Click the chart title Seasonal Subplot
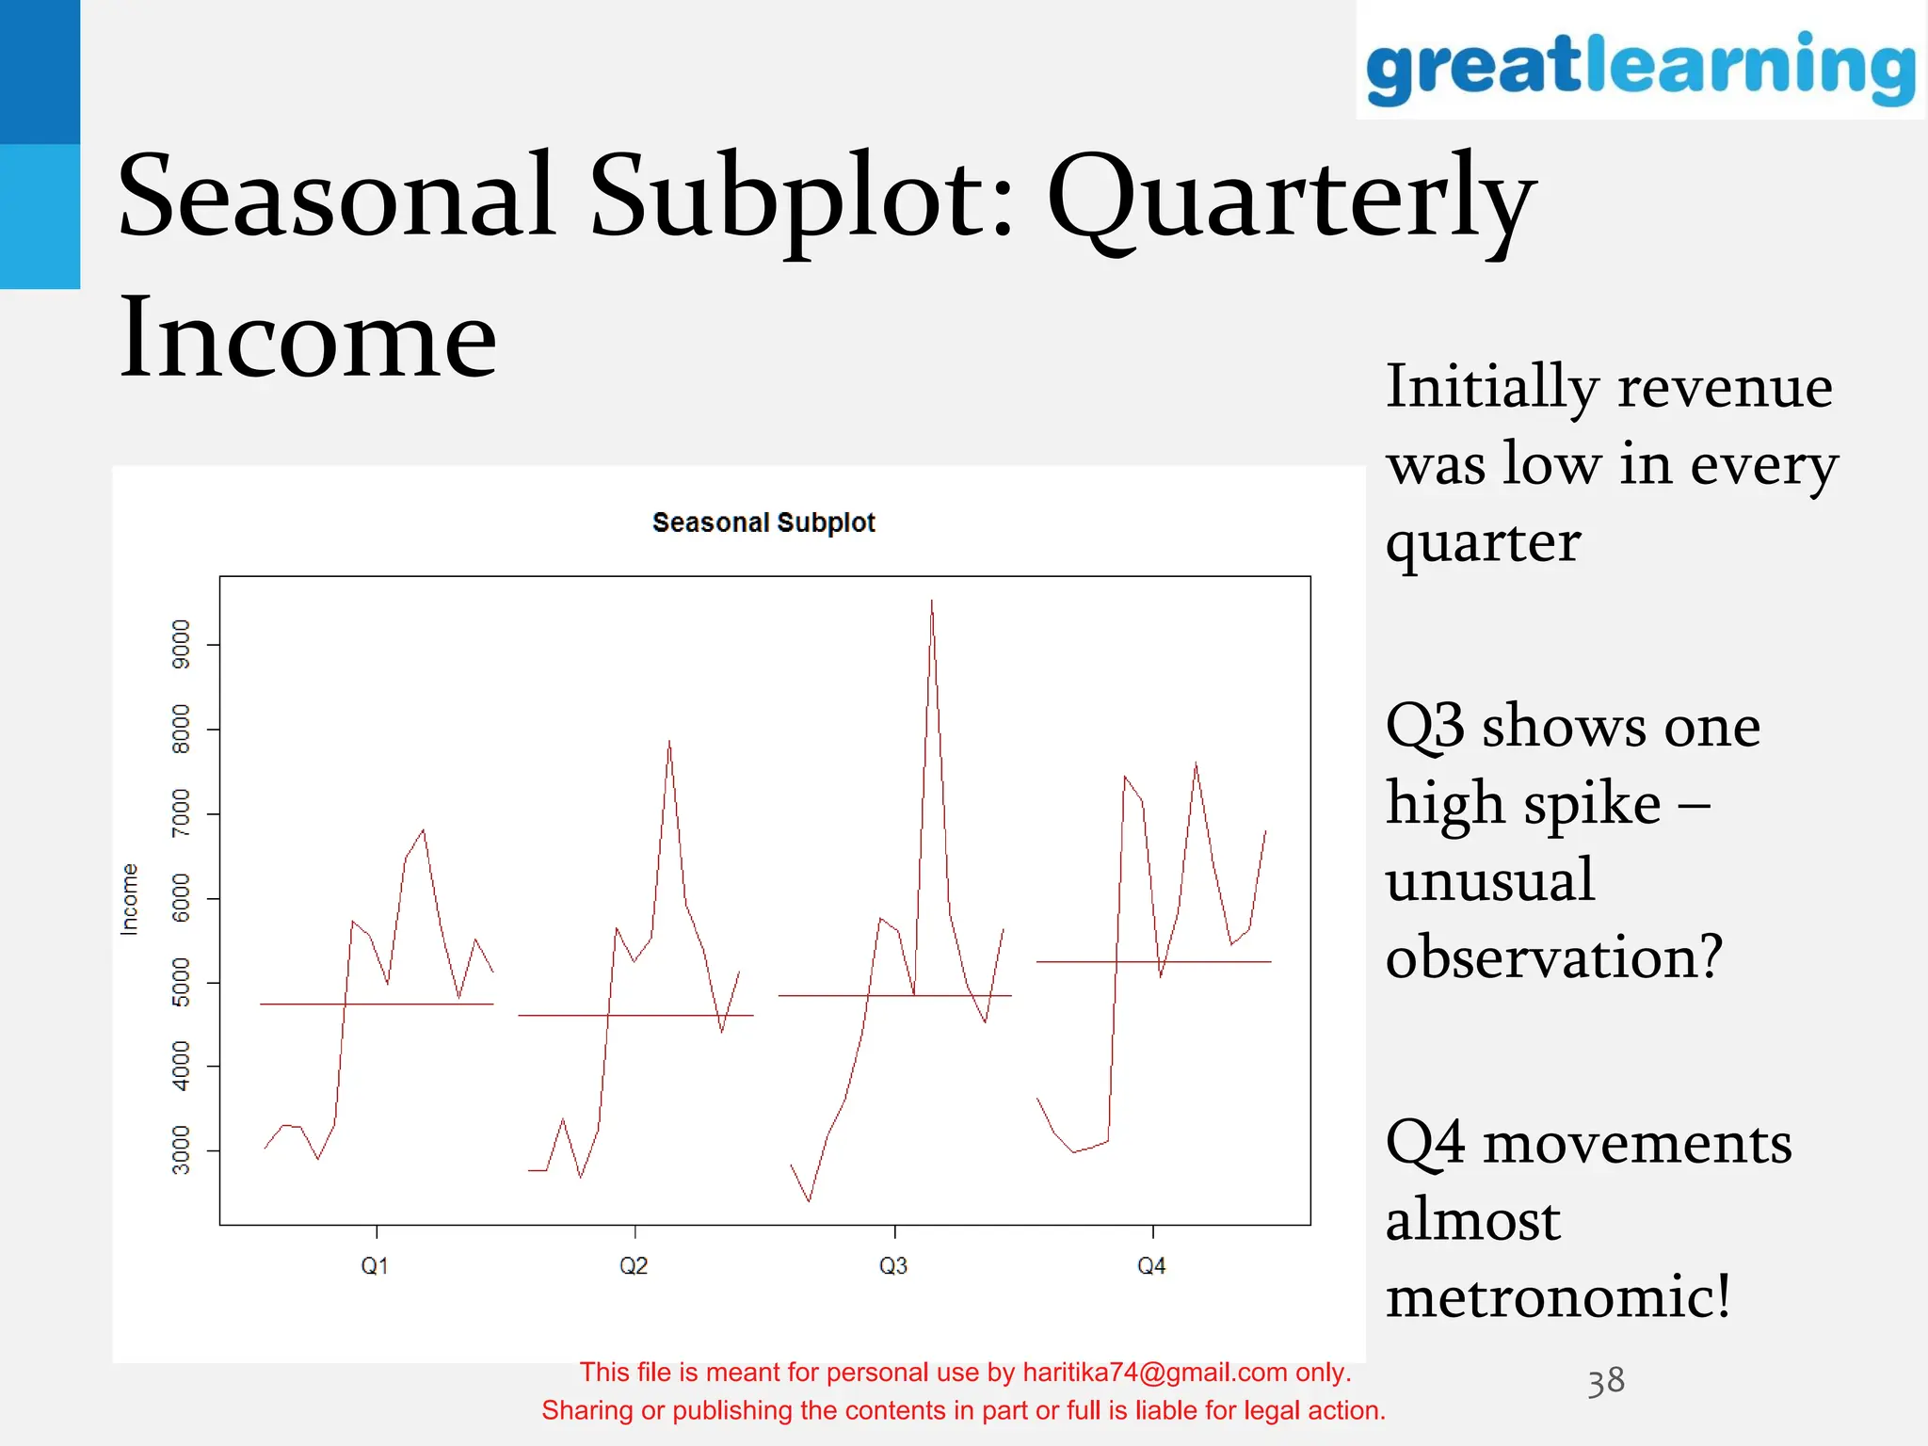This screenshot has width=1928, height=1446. click(763, 522)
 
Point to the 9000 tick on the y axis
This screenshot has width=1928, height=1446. click(181, 645)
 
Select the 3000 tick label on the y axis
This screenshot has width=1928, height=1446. click(181, 1150)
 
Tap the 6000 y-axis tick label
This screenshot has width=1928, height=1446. click(181, 898)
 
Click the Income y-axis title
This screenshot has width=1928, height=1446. click(130, 899)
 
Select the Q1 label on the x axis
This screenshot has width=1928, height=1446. click(375, 1266)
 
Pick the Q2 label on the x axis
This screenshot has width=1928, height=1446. click(634, 1266)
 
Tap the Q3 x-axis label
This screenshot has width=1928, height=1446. click(893, 1266)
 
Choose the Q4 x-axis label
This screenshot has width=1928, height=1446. click(1151, 1266)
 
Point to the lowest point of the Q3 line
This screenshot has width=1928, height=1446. click(810, 1200)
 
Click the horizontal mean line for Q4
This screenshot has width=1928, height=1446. click(1224, 961)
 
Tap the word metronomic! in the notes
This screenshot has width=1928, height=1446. click(1558, 1296)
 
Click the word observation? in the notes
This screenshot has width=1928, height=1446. click(1553, 956)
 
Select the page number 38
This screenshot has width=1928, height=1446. click(1606, 1381)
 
